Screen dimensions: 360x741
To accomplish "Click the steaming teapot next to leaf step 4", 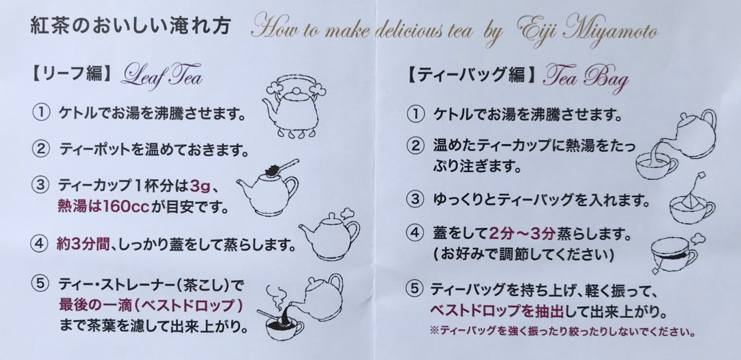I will [x=329, y=235].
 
